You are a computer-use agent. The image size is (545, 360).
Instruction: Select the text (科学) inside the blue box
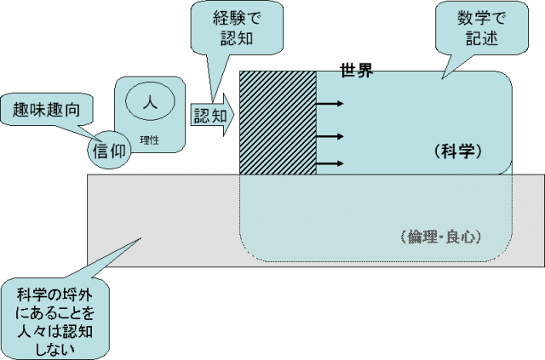pos(458,151)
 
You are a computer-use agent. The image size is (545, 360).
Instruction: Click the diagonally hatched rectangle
pos(278,123)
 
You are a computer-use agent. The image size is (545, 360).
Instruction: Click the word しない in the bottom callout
pos(57,347)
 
